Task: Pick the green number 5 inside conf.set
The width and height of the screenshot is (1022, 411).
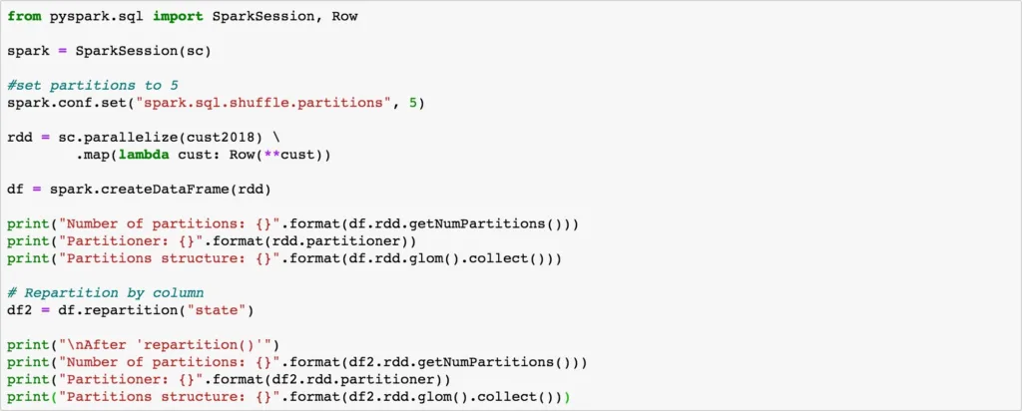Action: pyautogui.click(x=413, y=103)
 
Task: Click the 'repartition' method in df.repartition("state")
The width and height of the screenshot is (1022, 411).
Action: pyautogui.click(x=137, y=310)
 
